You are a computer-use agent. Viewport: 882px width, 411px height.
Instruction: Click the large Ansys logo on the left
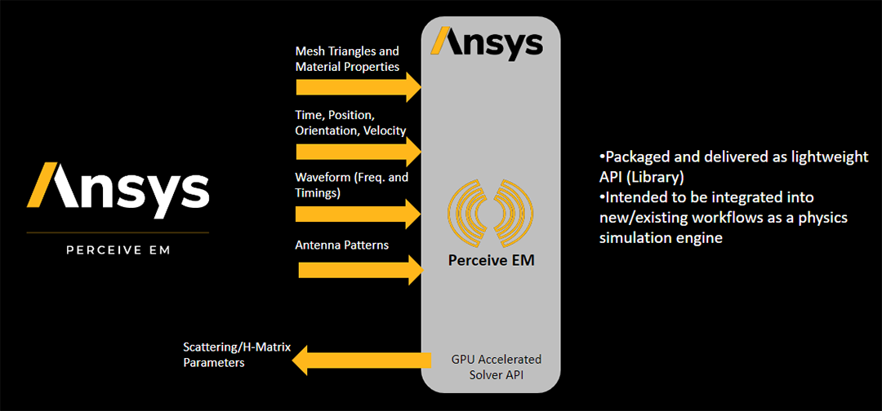[118, 185]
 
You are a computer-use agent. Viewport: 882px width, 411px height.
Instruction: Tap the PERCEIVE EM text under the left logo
[118, 250]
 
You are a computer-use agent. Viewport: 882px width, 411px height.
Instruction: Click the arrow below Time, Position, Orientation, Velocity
[358, 151]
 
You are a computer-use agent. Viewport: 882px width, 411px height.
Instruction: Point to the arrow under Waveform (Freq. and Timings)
[358, 214]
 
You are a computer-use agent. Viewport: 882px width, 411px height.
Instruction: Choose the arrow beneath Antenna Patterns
[358, 270]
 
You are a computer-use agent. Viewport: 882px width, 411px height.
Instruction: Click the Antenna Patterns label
[341, 245]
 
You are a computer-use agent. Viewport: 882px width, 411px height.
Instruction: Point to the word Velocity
[385, 130]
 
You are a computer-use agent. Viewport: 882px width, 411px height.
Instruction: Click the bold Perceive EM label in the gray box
[490, 261]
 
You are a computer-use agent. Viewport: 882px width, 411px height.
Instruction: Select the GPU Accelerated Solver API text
[496, 366]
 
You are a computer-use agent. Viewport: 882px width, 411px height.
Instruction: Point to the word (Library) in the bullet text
[654, 177]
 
